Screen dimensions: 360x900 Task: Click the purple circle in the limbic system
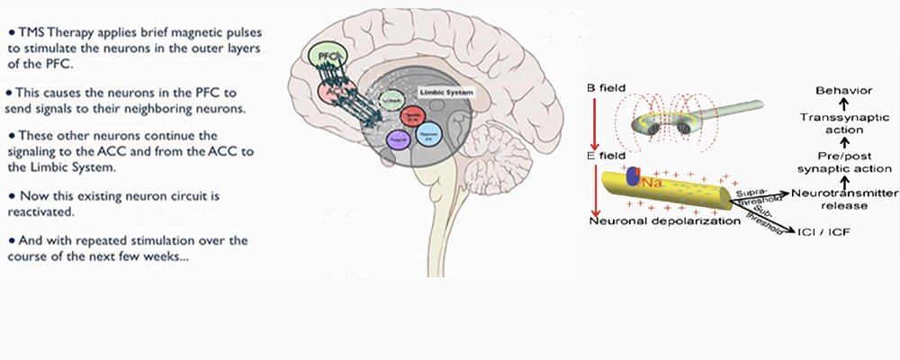pos(396,139)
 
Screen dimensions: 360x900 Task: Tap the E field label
pos(607,156)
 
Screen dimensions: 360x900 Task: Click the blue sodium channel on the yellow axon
pos(634,175)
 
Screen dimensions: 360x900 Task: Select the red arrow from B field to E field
pos(592,121)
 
